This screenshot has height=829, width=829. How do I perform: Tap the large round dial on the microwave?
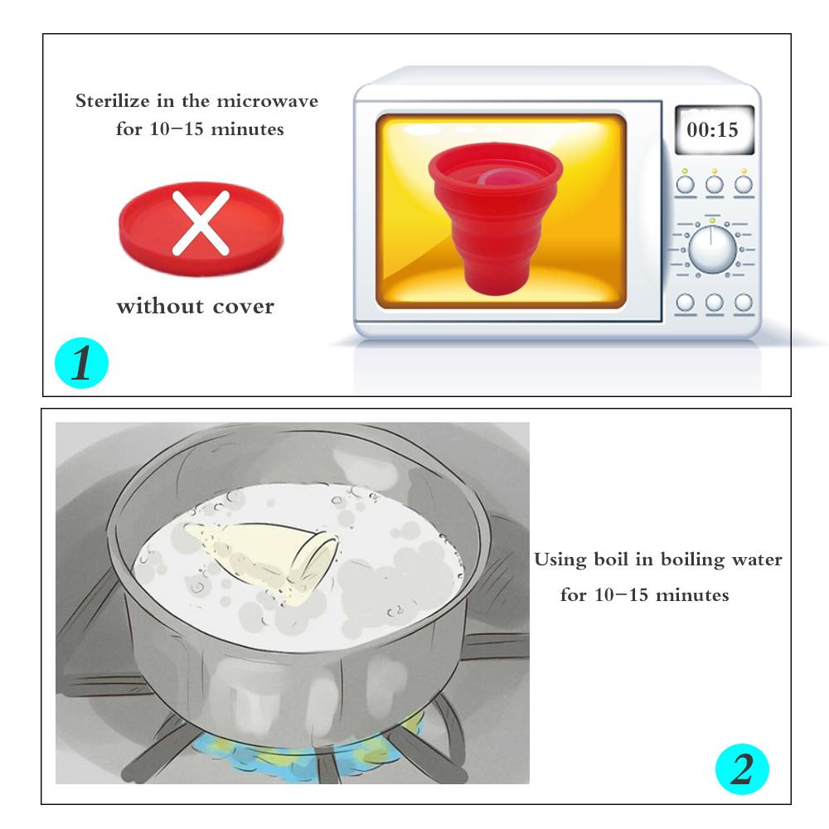tap(712, 249)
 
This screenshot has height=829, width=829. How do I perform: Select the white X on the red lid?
tap(201, 222)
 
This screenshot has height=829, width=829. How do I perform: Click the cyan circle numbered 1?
tap(81, 363)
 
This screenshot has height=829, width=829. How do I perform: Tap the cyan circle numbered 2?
tap(742, 768)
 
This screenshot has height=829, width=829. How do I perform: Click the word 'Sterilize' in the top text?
tap(113, 100)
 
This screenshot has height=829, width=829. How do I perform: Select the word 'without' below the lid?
tap(160, 306)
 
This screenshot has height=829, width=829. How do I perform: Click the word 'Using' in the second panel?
tap(560, 560)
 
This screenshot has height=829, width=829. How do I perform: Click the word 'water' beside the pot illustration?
tap(757, 560)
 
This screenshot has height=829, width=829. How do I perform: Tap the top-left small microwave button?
tap(686, 185)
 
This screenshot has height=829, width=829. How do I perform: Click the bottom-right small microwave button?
tap(744, 303)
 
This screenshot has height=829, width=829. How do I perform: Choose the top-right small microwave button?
tap(744, 185)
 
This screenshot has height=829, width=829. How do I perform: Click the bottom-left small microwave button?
tap(686, 303)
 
